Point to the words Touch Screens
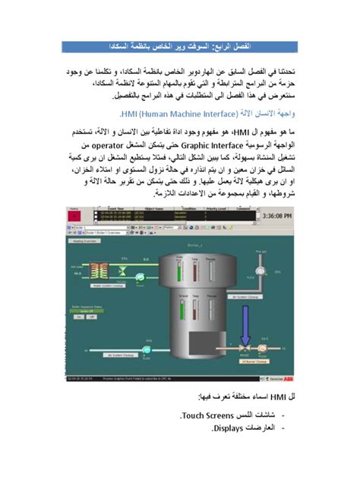point(210,417)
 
